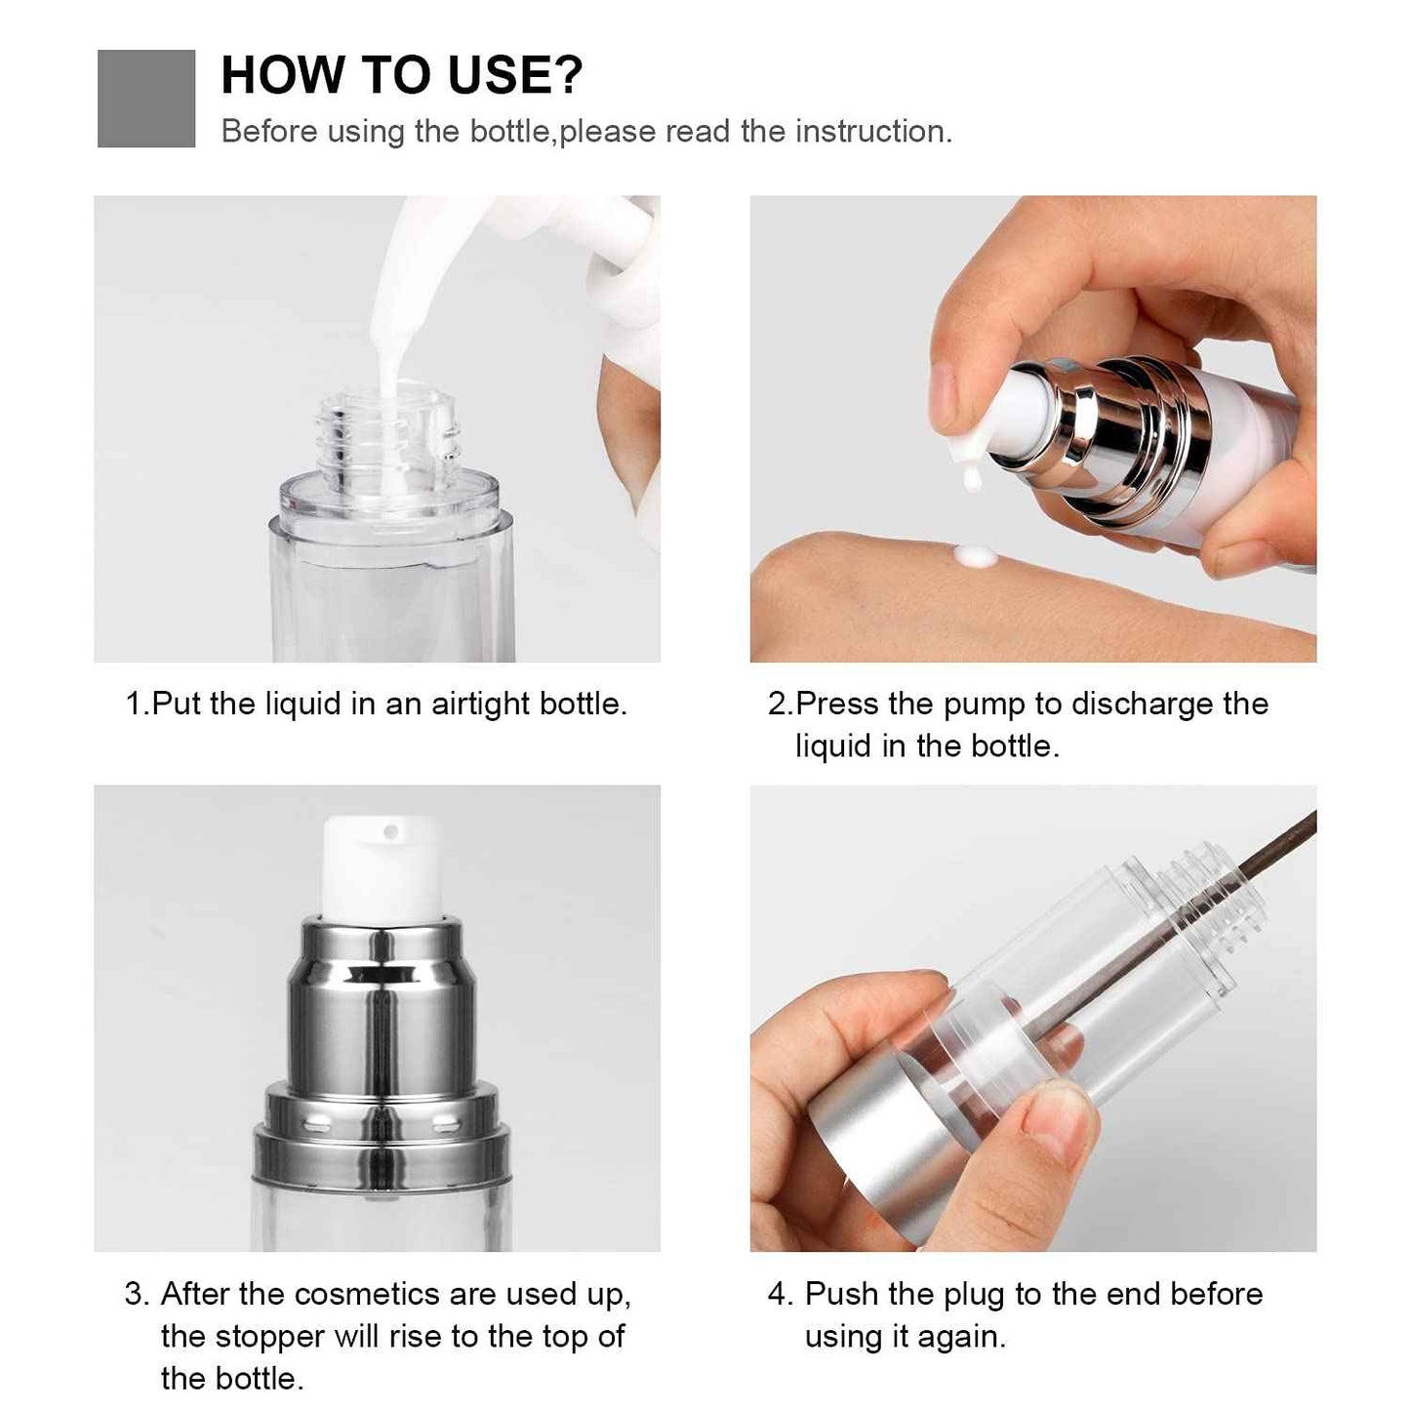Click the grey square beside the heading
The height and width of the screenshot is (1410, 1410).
(146, 99)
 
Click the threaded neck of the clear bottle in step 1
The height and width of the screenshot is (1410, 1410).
(390, 434)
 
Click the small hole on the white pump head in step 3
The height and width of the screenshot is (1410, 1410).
(391, 832)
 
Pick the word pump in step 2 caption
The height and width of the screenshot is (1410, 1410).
(986, 704)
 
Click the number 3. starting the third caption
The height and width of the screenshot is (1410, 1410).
(138, 1295)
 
